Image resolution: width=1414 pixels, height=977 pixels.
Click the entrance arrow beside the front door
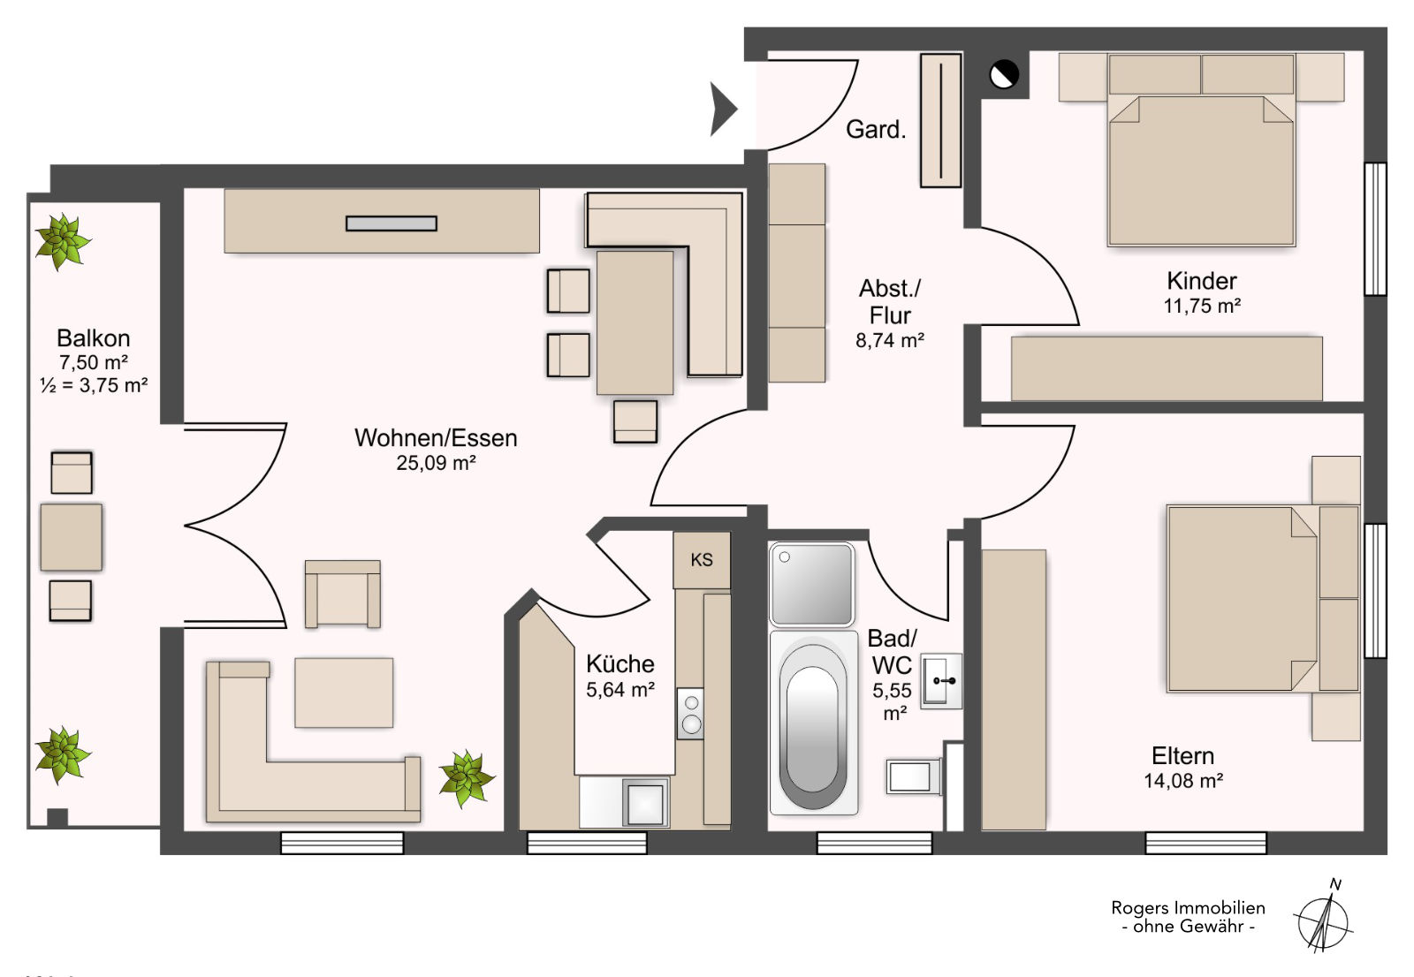pyautogui.click(x=722, y=110)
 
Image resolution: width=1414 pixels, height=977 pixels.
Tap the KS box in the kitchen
pyautogui.click(x=702, y=560)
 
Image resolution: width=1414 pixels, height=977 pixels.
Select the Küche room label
pyautogui.click(x=620, y=664)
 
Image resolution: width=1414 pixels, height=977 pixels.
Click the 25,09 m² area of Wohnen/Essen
pyautogui.click(x=436, y=463)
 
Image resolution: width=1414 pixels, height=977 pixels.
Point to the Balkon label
pyautogui.click(x=94, y=338)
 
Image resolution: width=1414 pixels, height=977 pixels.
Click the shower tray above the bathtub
pyautogui.click(x=812, y=585)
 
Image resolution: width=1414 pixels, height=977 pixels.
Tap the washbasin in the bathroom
pyautogui.click(x=941, y=681)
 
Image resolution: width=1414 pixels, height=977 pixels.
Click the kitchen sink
pyautogui.click(x=645, y=804)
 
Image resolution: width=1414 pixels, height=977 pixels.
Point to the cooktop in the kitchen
pyautogui.click(x=690, y=714)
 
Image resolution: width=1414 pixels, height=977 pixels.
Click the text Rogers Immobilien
pyautogui.click(x=1188, y=908)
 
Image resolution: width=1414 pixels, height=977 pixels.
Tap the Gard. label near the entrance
pyautogui.click(x=876, y=129)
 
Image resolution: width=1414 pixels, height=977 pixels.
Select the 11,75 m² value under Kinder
pyautogui.click(x=1202, y=307)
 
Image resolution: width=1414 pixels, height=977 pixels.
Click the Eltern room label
pyautogui.click(x=1183, y=756)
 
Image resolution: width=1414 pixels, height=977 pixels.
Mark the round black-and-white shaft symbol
pyautogui.click(x=1004, y=74)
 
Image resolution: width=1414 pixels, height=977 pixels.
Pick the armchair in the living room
pyautogui.click(x=342, y=594)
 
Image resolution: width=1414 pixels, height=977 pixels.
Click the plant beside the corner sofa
pyautogui.click(x=467, y=778)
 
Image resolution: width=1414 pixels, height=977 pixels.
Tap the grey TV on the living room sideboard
pyautogui.click(x=392, y=223)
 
